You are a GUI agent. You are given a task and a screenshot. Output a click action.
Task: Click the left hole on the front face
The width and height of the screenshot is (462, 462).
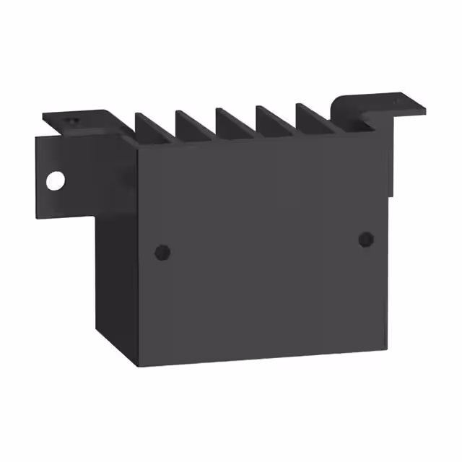click(162, 252)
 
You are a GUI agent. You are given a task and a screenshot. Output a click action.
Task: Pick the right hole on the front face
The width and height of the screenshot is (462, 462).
click(365, 239)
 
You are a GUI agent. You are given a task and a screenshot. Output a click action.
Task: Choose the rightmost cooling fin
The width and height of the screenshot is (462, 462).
click(311, 116)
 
